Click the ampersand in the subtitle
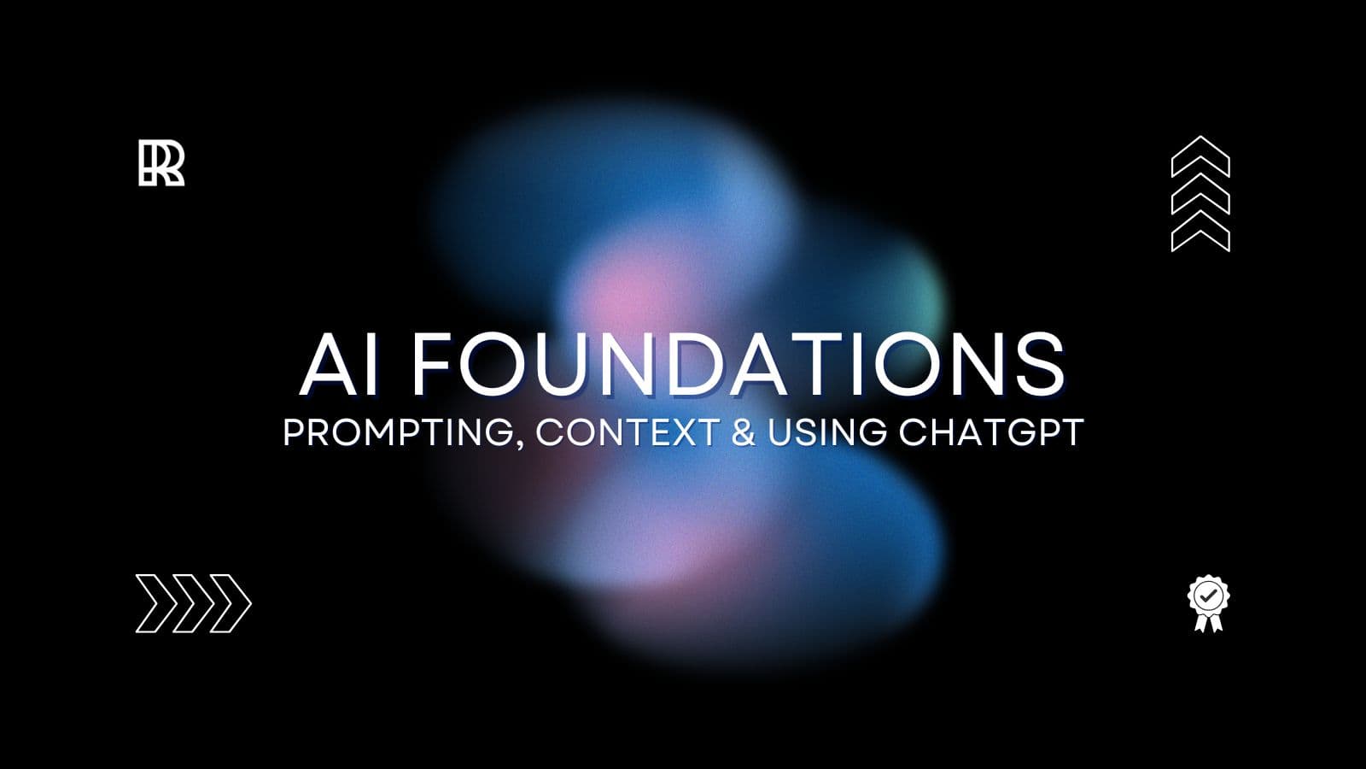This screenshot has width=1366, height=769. tap(743, 432)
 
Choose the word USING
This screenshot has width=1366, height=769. tap(826, 432)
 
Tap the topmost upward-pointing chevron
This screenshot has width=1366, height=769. tap(1200, 155)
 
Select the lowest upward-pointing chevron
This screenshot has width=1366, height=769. tap(1200, 232)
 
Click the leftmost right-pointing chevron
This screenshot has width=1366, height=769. tap(154, 603)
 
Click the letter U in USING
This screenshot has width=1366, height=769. tap(781, 432)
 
